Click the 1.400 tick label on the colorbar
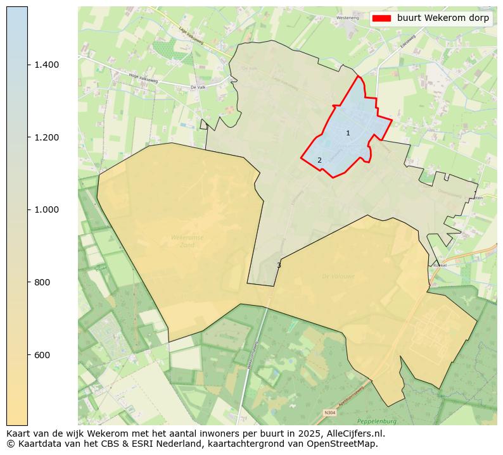(46, 65)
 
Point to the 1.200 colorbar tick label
(46, 137)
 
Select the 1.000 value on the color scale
(46, 209)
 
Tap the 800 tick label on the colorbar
(43, 282)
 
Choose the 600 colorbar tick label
(43, 354)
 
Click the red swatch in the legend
(381, 18)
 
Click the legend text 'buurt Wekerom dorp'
(443, 18)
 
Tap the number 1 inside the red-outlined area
(348, 133)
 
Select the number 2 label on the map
(319, 161)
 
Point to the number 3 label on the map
(279, 265)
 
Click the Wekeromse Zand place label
(188, 241)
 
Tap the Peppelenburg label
(376, 421)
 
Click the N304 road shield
(329, 413)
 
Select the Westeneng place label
(348, 18)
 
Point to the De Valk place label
(198, 87)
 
